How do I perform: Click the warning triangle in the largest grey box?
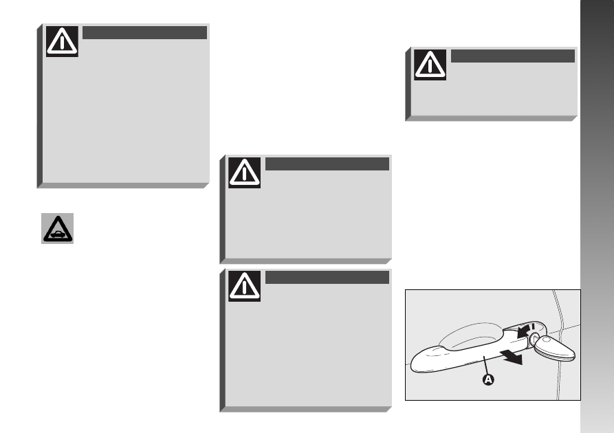(x=62, y=41)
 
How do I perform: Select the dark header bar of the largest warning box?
(x=144, y=32)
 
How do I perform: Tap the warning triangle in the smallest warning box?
(x=430, y=65)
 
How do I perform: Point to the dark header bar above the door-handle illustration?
(x=512, y=56)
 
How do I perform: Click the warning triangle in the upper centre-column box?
(x=244, y=173)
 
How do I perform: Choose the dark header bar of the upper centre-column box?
(x=327, y=164)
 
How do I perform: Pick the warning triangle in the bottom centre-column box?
(x=244, y=286)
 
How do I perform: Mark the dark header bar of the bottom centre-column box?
(x=327, y=277)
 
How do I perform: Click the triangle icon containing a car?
(x=58, y=229)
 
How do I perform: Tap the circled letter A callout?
(x=488, y=379)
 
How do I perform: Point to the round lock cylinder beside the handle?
(x=534, y=338)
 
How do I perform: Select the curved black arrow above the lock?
(x=523, y=331)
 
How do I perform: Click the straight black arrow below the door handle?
(x=512, y=357)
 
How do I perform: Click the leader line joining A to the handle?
(x=486, y=365)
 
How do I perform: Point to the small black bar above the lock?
(x=533, y=326)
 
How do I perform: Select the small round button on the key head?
(x=546, y=340)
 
